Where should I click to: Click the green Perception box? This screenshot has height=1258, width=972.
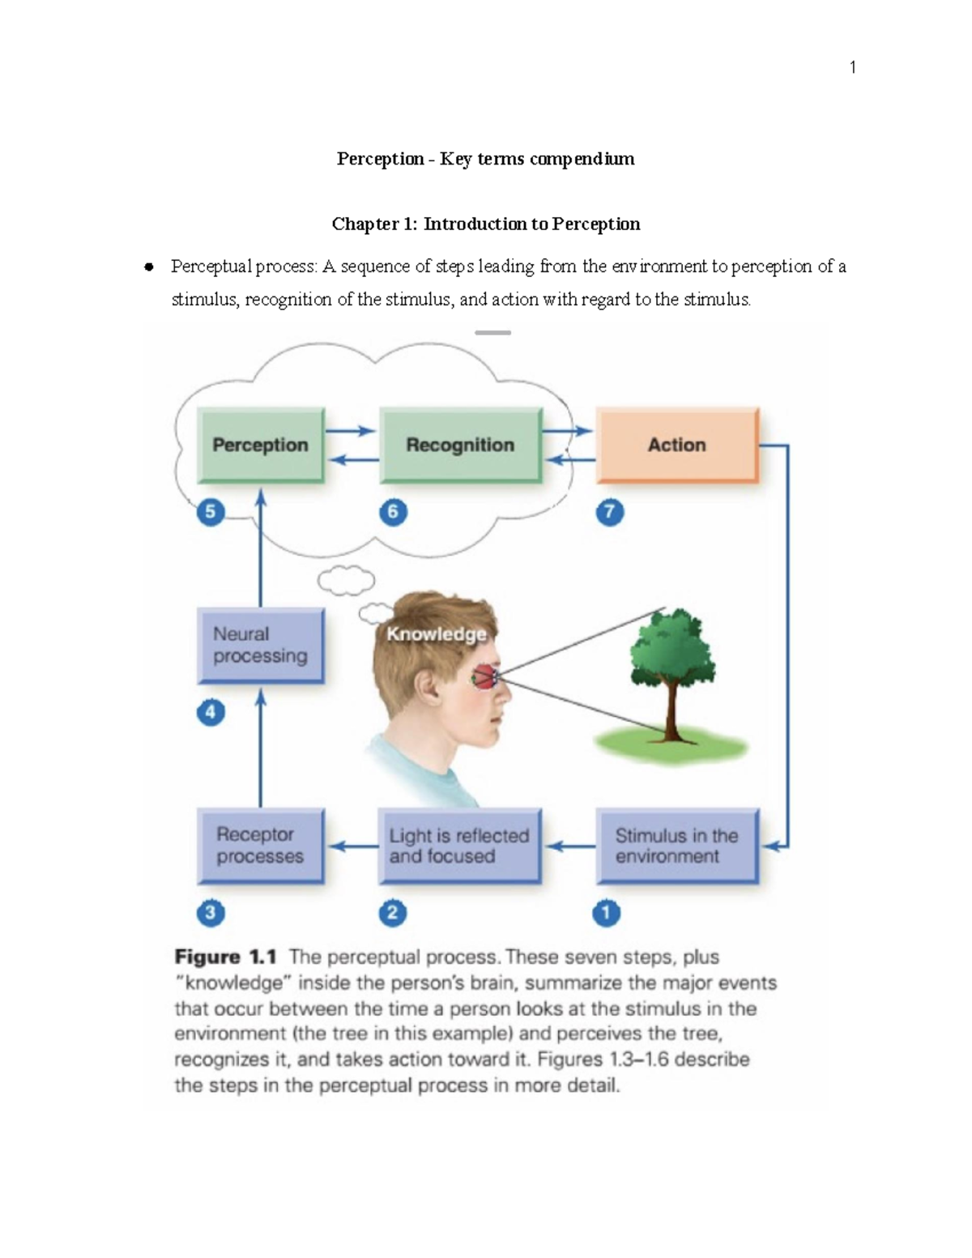click(261, 445)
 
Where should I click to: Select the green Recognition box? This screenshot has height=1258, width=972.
click(460, 445)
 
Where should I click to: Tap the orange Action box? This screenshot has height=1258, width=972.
click(677, 445)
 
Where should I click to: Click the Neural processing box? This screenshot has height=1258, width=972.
click(261, 646)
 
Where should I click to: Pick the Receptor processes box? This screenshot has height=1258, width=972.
click(261, 846)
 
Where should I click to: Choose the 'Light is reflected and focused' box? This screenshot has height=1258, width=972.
click(459, 846)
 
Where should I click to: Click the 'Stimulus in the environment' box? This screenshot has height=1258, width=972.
click(677, 846)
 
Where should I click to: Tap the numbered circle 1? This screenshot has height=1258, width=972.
click(606, 913)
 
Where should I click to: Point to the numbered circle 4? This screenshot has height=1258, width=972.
click(211, 712)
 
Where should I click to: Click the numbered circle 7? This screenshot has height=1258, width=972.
click(609, 512)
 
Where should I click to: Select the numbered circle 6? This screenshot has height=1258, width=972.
click(393, 512)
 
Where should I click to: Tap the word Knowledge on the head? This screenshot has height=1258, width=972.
click(436, 634)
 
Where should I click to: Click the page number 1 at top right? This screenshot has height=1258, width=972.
click(852, 67)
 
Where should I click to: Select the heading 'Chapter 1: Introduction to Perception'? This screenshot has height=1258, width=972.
click(486, 224)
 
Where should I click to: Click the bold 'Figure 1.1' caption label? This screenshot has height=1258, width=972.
click(225, 957)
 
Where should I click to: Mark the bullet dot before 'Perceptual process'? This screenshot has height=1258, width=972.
click(148, 267)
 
